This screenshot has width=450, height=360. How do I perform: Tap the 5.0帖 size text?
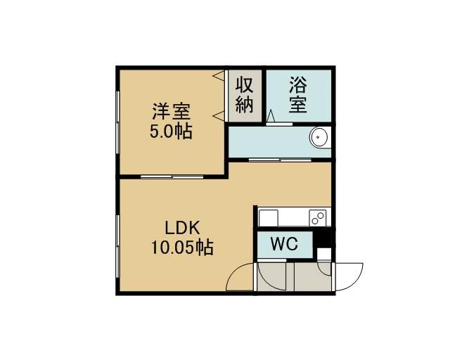(x=171, y=132)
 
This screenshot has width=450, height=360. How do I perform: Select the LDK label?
(x=182, y=229)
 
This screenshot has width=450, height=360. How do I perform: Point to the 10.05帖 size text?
(x=182, y=247)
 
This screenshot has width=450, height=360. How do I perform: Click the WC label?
(x=284, y=244)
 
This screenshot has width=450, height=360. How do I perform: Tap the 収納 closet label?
(x=245, y=95)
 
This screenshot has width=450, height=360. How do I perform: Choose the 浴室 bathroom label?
(x=298, y=95)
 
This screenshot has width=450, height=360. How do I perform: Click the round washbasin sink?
(x=320, y=138)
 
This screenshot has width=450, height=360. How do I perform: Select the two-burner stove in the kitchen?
(x=318, y=218)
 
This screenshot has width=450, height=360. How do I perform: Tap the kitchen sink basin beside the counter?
(x=269, y=218)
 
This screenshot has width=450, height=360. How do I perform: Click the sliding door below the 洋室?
(x=172, y=176)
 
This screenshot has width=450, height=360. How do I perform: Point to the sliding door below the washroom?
(x=280, y=160)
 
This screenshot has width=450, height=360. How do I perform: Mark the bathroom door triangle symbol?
(x=270, y=116)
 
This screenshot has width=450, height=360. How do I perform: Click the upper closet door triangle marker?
(x=219, y=75)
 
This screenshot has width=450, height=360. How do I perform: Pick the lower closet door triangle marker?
(x=219, y=116)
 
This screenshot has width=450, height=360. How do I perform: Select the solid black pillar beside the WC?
(x=323, y=237)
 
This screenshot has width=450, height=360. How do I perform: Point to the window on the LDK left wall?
(x=117, y=246)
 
